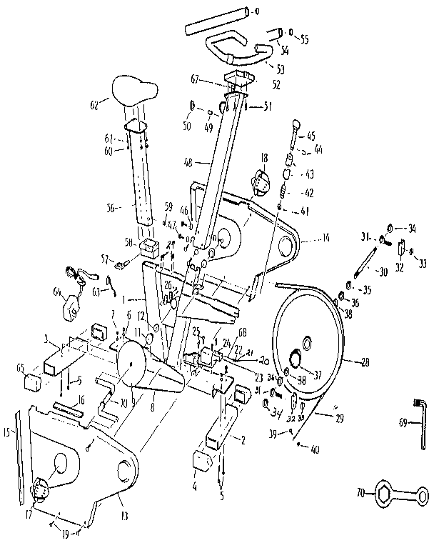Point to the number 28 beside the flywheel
[x=365, y=363]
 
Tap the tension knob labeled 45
[x=295, y=133]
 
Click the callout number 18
[x=263, y=157]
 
